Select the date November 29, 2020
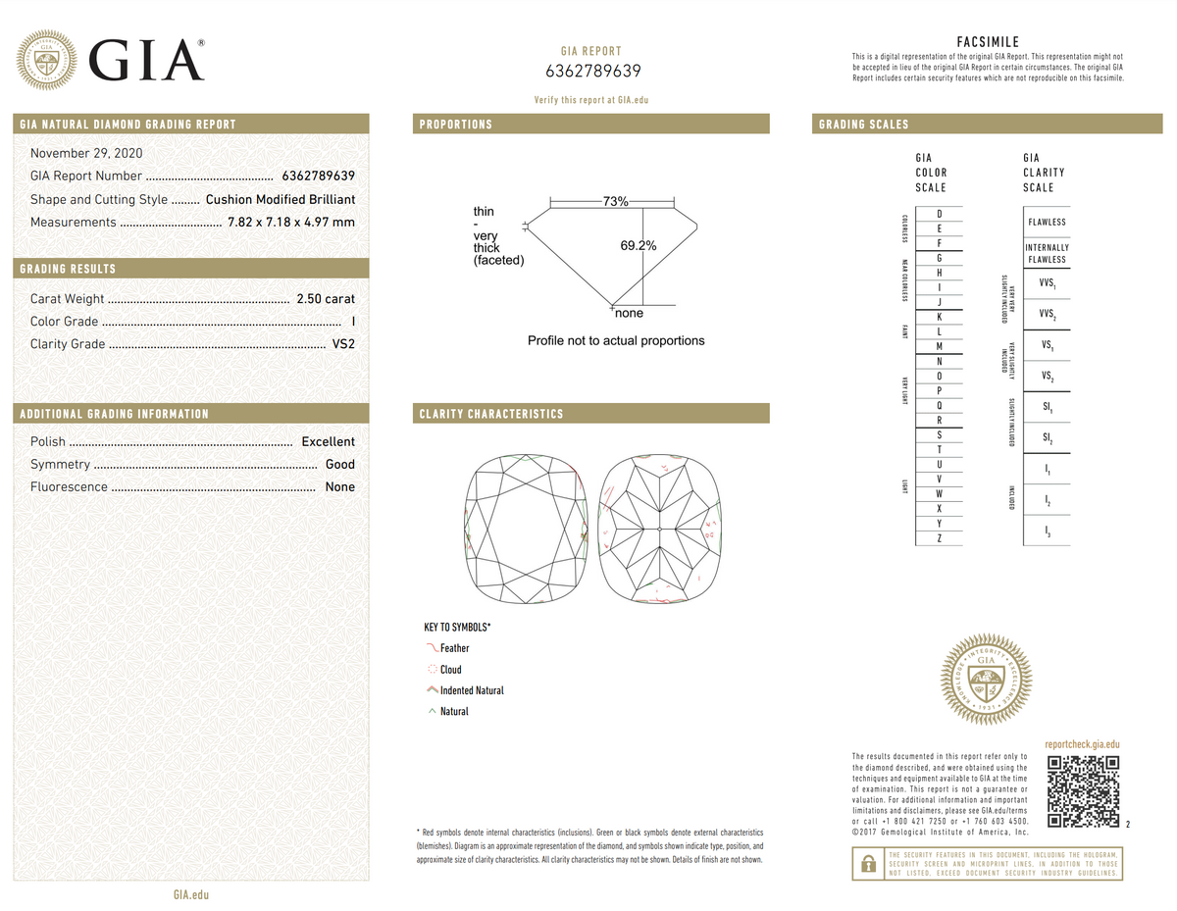tap(85, 153)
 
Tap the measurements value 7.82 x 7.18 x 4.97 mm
tap(290, 223)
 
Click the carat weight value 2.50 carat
tap(326, 299)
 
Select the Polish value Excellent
tap(328, 442)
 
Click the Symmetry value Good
tap(339, 465)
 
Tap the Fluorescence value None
tap(339, 487)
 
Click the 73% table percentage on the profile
tap(615, 201)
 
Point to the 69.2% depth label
tap(638, 246)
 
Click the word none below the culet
tap(629, 314)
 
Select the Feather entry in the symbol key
tap(454, 648)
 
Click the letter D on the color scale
tap(940, 214)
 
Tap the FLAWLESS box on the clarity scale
tap(1047, 222)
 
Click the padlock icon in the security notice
tap(867, 864)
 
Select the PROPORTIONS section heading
tap(456, 125)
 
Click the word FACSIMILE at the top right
tap(988, 42)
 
